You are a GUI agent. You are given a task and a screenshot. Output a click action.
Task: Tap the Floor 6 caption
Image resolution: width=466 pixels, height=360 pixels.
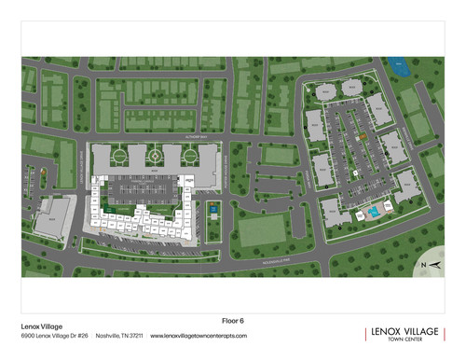point(233,318)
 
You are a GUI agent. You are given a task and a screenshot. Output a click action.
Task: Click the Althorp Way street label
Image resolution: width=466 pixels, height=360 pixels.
point(240,137)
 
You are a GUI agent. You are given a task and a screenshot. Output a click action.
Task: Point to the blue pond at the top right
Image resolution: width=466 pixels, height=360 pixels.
point(402,67)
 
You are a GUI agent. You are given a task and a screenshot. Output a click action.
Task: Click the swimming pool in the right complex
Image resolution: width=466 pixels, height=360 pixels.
point(373,213)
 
